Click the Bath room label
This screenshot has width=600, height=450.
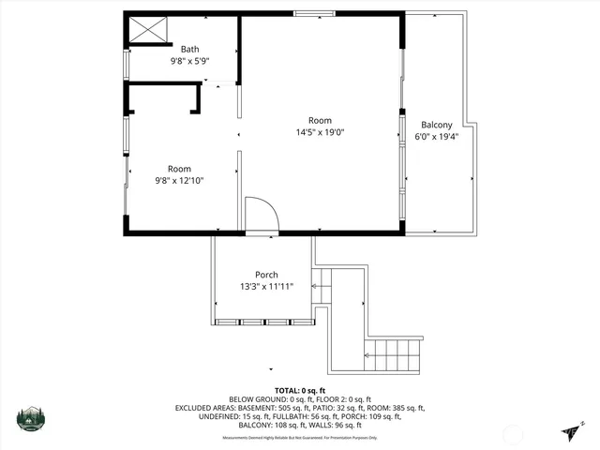(189, 49)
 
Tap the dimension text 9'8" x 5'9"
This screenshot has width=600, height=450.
(189, 61)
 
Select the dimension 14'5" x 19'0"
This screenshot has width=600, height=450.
(320, 132)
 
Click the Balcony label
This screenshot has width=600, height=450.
(436, 125)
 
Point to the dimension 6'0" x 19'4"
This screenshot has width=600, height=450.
(436, 137)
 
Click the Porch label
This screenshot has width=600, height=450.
(267, 275)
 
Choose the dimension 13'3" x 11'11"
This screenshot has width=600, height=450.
(267, 287)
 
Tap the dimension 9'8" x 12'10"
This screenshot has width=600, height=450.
(179, 180)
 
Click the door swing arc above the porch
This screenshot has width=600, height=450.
(262, 214)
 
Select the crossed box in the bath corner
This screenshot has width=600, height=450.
(147, 30)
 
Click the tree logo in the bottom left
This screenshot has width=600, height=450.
(31, 419)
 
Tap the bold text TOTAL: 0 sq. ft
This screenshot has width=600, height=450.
(299, 390)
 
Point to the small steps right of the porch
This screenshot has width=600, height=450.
(322, 285)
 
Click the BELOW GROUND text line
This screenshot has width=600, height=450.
(299, 399)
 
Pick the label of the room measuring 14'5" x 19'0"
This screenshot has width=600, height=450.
(320, 120)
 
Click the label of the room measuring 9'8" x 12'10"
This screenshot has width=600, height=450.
(179, 168)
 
